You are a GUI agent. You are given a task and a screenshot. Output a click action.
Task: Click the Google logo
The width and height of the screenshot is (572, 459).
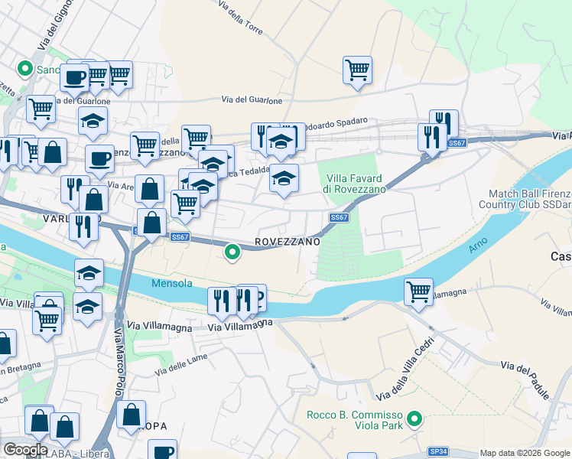pos(24,449)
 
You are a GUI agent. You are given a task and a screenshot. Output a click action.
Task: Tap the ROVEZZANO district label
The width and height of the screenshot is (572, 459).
pos(287,241)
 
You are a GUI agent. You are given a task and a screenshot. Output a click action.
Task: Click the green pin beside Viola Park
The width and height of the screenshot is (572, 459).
pos(414,418)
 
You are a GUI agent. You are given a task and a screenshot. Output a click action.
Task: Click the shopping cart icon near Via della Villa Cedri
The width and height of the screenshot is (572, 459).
pos(418,291)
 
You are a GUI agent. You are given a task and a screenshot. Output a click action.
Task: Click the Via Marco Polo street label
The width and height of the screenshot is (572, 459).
pos(119,367)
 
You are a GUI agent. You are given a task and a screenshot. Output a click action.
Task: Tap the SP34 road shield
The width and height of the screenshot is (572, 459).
pos(438,451)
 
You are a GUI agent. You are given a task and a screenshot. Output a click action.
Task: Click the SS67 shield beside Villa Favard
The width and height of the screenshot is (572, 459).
pos(339,218)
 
